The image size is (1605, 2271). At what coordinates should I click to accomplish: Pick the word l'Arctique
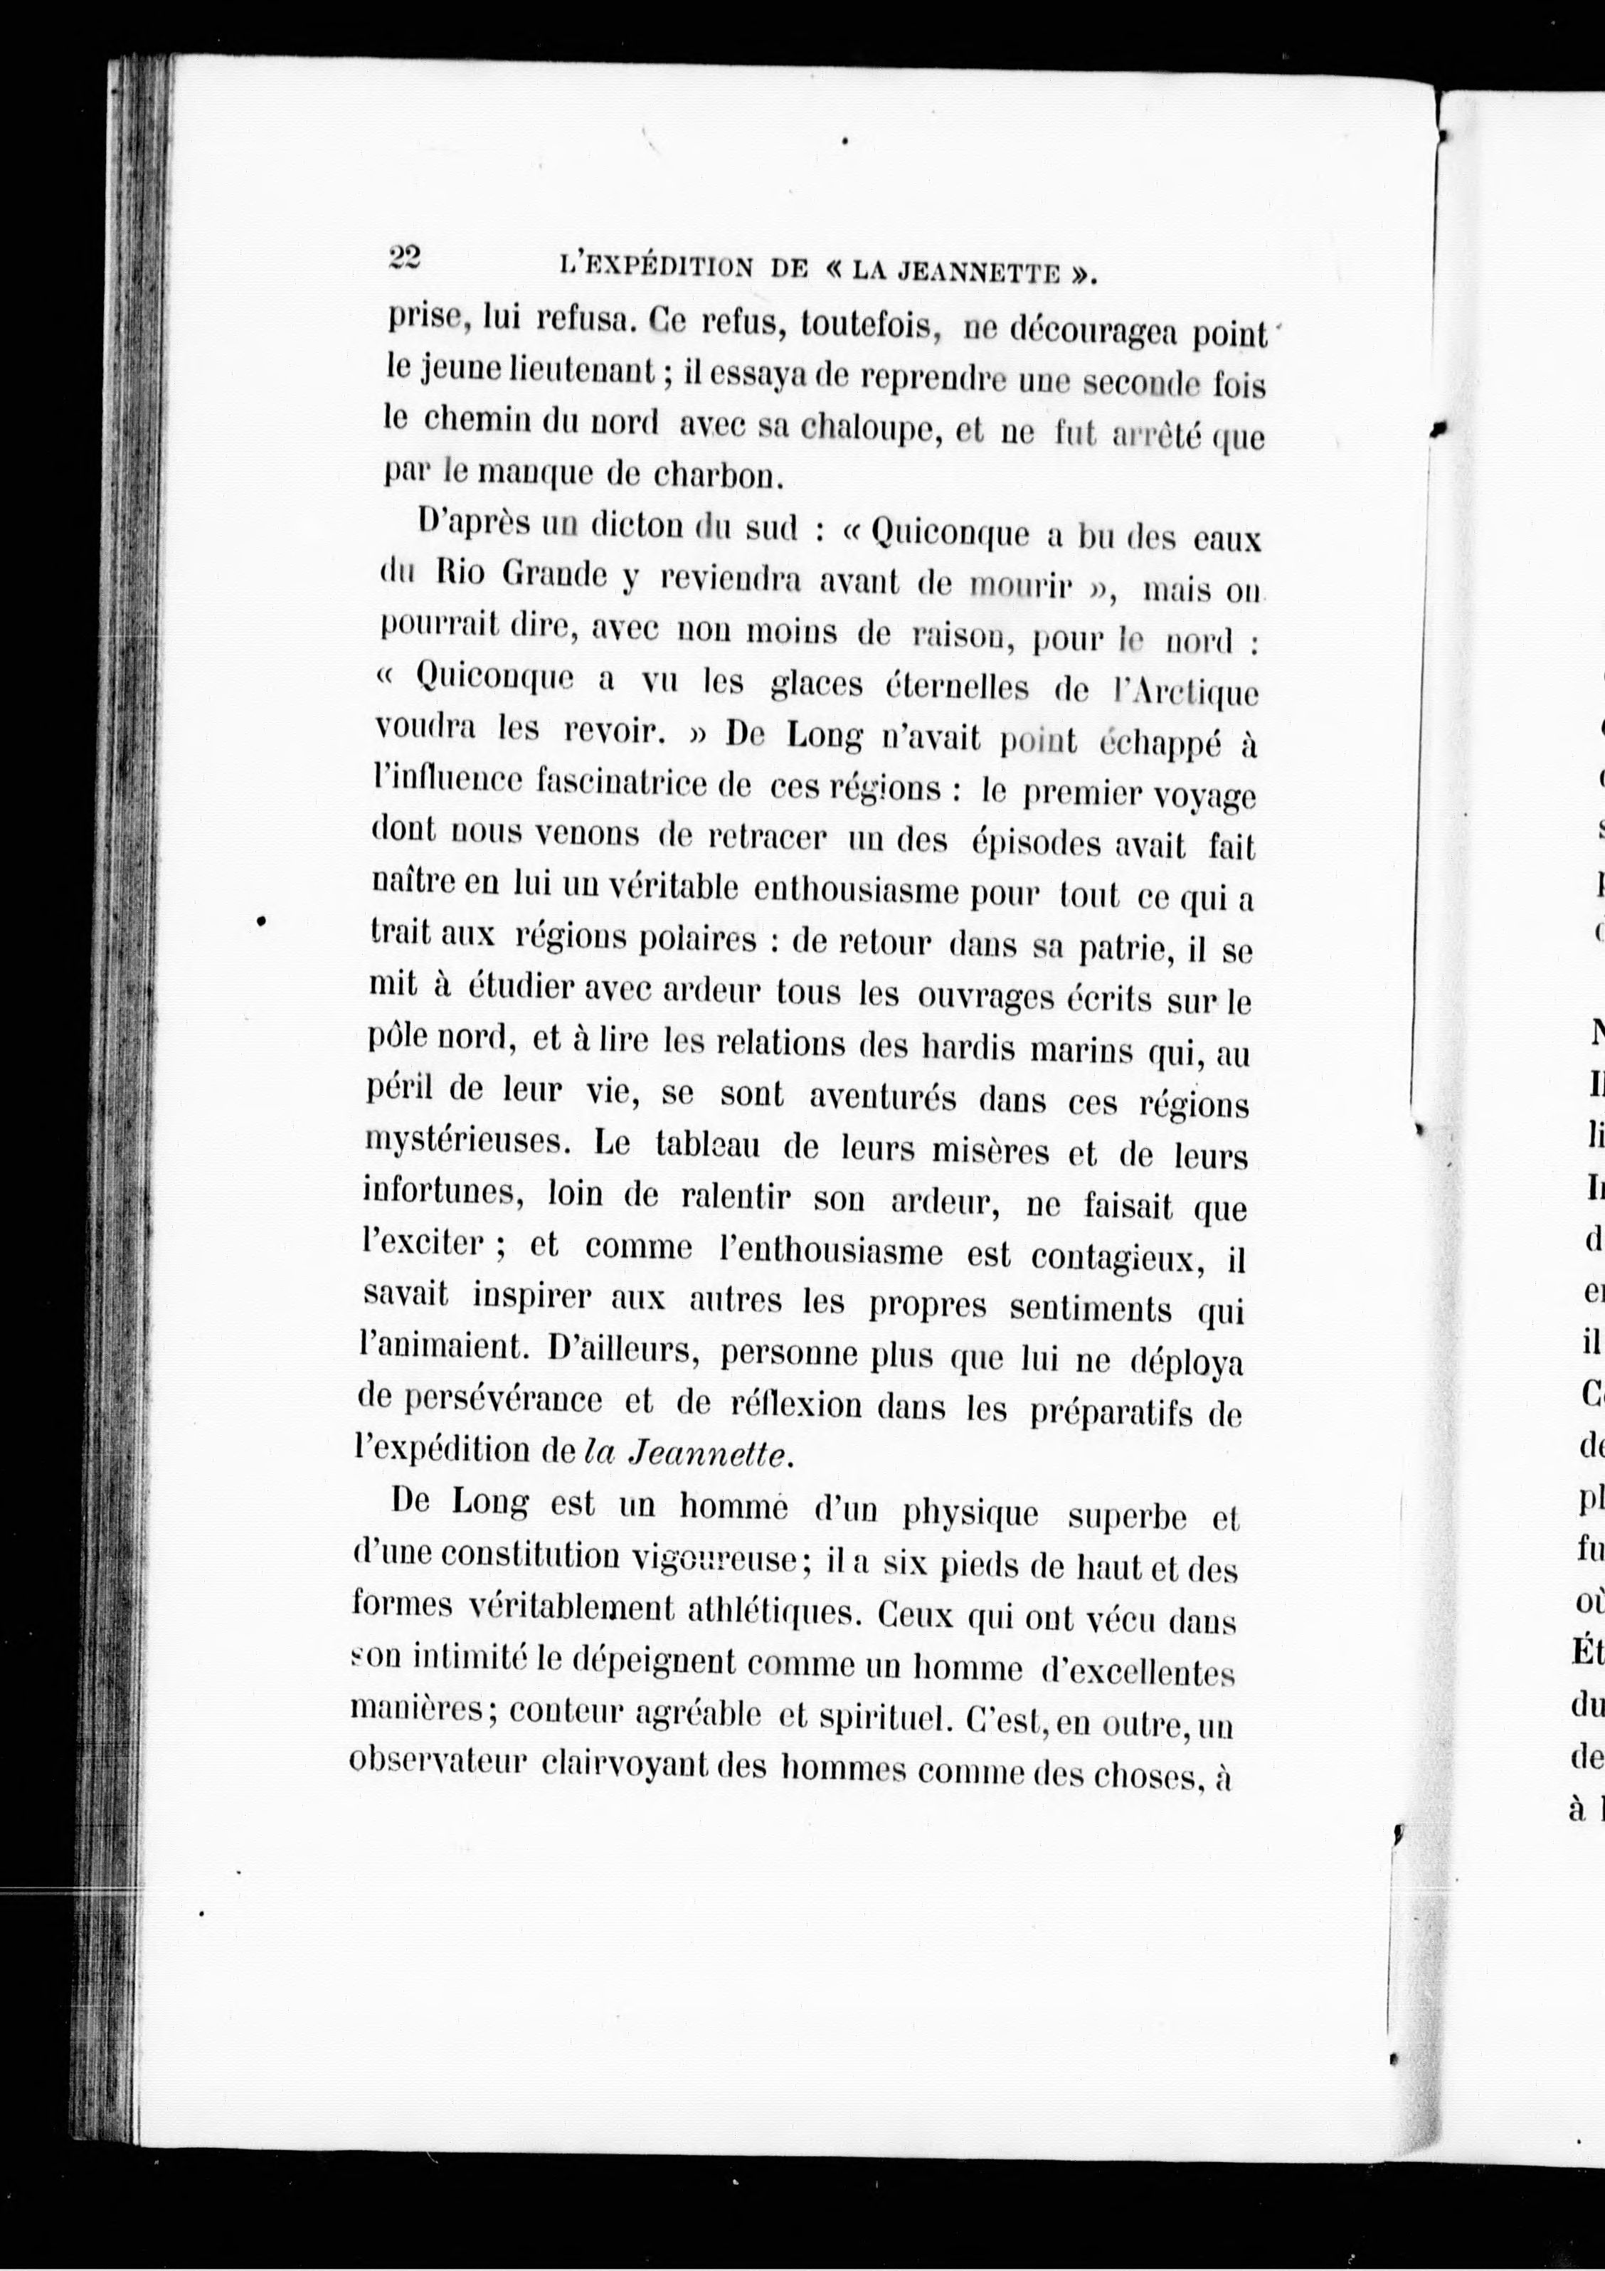pyautogui.click(x=1185, y=694)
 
